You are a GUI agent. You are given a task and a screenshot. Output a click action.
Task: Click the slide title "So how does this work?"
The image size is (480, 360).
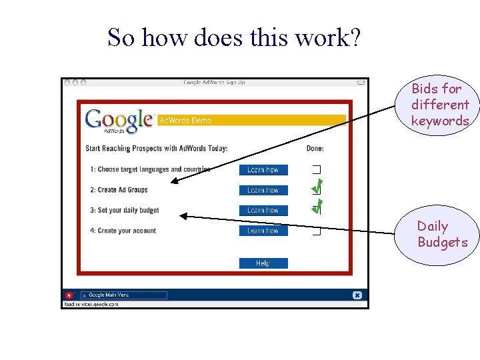pyautogui.click(x=234, y=38)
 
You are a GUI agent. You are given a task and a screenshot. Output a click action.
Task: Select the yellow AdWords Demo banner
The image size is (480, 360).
pyautogui.click(x=251, y=120)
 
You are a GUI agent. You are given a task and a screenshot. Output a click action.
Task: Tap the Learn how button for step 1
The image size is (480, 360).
pyautogui.click(x=263, y=170)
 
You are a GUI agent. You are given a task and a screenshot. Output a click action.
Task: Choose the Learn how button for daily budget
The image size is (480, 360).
pyautogui.click(x=263, y=211)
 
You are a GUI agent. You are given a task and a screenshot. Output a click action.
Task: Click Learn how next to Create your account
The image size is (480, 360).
pyautogui.click(x=263, y=231)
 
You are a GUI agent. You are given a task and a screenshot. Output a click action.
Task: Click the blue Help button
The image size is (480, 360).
pyautogui.click(x=263, y=263)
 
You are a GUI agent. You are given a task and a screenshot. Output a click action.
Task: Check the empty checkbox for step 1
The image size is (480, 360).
pyautogui.click(x=317, y=169)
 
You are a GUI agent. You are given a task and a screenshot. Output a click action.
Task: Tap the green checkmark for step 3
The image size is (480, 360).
pyautogui.click(x=317, y=207)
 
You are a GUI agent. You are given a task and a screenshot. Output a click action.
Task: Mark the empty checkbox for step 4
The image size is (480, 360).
pyautogui.click(x=317, y=231)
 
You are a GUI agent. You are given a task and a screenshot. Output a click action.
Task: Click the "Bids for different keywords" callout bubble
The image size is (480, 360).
pyautogui.click(x=440, y=105)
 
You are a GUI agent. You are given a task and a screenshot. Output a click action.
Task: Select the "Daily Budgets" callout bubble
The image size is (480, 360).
pyautogui.click(x=438, y=235)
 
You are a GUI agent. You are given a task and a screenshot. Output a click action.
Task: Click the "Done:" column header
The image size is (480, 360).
pyautogui.click(x=315, y=148)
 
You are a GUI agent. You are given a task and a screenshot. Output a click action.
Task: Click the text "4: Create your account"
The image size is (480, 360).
pyautogui.click(x=127, y=231)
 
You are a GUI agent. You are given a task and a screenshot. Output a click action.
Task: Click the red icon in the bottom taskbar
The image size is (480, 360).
pyautogui.click(x=69, y=295)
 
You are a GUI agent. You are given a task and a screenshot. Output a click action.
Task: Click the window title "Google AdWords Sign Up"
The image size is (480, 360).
pyautogui.click(x=214, y=83)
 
